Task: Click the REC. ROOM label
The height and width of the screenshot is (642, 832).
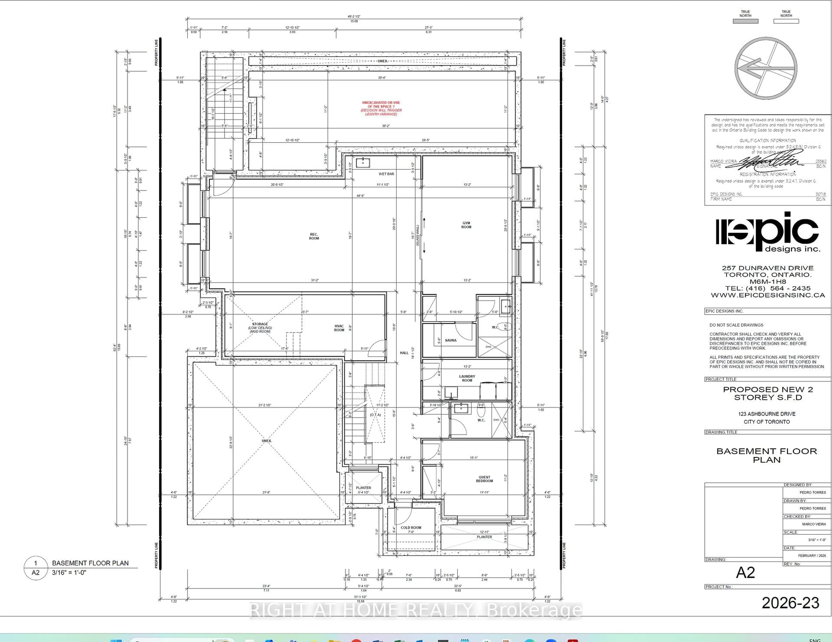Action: click(x=314, y=236)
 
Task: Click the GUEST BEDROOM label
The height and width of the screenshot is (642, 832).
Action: click(x=484, y=479)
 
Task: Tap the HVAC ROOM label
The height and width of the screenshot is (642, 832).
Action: click(x=339, y=328)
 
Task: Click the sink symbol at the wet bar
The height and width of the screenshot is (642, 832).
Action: click(x=363, y=163)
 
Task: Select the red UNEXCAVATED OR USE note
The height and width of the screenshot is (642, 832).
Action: click(x=381, y=108)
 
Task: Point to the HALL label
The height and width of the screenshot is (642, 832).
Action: click(x=404, y=353)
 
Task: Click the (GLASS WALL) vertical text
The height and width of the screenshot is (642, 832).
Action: click(x=418, y=235)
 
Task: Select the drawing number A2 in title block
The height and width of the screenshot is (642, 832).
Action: click(x=745, y=572)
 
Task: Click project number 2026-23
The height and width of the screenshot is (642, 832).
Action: click(x=790, y=603)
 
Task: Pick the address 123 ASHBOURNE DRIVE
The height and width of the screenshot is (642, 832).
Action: click(x=767, y=414)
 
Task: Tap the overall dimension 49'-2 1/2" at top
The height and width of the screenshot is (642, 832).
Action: click(x=354, y=17)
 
